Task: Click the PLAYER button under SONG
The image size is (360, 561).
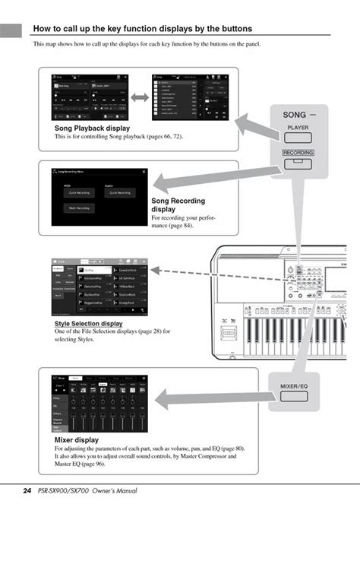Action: (x=298, y=128)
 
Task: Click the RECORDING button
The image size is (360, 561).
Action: (x=298, y=153)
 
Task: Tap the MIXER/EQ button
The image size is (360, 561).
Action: (x=297, y=387)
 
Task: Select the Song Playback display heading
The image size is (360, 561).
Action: (x=92, y=128)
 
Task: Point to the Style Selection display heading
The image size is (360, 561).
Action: (x=88, y=323)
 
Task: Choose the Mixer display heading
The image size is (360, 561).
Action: (x=76, y=440)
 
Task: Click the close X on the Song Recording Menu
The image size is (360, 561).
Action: (x=144, y=173)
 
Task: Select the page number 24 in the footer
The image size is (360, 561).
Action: (x=27, y=491)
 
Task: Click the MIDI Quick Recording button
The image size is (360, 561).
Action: (x=79, y=192)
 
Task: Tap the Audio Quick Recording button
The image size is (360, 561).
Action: (x=120, y=192)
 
